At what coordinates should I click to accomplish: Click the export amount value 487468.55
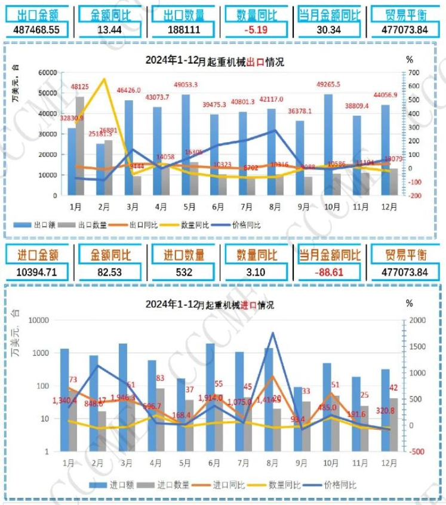39,29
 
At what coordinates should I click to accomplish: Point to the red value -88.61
328,272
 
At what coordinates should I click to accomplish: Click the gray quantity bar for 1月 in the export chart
80,146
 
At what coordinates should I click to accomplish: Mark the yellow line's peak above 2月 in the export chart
104,79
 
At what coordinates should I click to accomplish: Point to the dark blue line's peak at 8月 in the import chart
272,333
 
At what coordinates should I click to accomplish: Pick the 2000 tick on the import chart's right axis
415,320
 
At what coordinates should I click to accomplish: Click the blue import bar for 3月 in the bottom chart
122,397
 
